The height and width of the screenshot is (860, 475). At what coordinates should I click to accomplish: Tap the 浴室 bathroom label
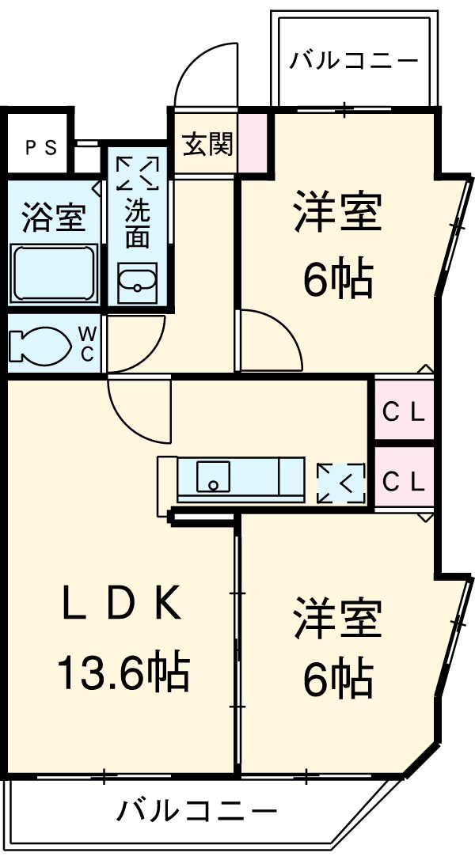point(53,218)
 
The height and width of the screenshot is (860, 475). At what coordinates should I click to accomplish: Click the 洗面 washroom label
point(138,223)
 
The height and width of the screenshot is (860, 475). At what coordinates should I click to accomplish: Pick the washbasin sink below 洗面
point(138,282)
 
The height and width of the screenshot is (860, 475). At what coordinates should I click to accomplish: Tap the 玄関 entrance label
point(207,145)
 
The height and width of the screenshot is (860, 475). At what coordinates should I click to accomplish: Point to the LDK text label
point(124,607)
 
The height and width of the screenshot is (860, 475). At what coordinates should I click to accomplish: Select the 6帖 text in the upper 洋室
point(338,278)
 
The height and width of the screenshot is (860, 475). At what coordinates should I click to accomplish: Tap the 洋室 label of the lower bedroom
point(338,619)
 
